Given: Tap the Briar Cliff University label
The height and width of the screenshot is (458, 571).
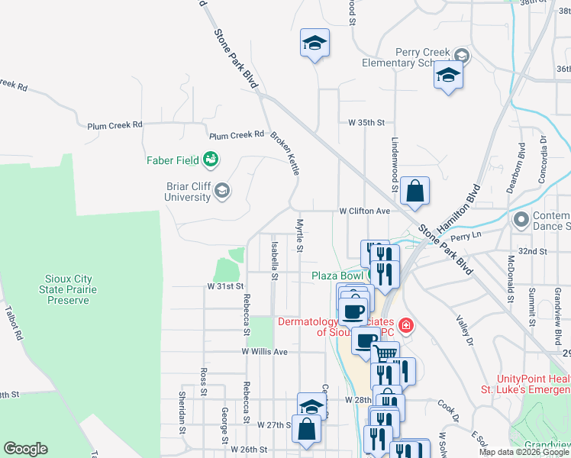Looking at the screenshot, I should (x=188, y=191).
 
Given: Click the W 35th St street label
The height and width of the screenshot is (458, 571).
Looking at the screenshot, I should (x=366, y=122).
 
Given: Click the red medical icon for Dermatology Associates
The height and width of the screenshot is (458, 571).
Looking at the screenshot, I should (x=406, y=327).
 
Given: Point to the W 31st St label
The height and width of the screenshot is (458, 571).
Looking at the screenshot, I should (x=224, y=285).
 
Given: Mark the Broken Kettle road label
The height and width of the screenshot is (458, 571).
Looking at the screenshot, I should (x=285, y=153).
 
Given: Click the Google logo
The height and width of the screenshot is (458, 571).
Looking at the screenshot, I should (x=25, y=449).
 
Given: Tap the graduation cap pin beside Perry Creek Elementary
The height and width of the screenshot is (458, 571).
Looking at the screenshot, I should (x=448, y=76).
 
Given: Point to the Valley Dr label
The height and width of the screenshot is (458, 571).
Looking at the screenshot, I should (x=466, y=332).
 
